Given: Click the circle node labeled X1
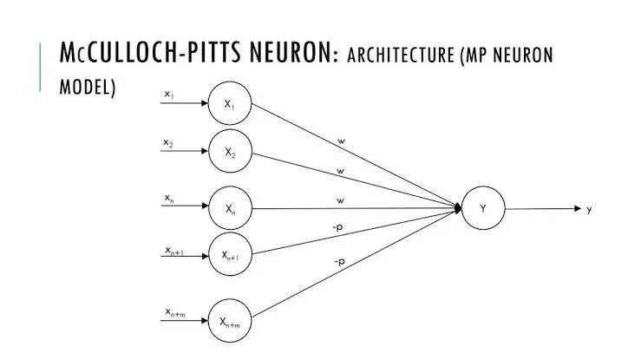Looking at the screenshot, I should tap(230, 105).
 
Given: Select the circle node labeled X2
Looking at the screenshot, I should tap(230, 152).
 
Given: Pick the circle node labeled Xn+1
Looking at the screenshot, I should tap(230, 255).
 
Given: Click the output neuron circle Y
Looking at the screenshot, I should tap(483, 208).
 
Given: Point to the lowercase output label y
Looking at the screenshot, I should tap(590, 209).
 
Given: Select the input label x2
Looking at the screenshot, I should tap(169, 142).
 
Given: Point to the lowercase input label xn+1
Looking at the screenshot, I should tap(174, 251).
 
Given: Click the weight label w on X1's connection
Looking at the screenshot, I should tap(341, 139).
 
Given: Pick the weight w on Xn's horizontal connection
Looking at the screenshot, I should tap(340, 200).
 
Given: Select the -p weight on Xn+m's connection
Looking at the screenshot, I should tap(340, 260).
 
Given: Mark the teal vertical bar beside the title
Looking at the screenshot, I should tap(41, 66).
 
